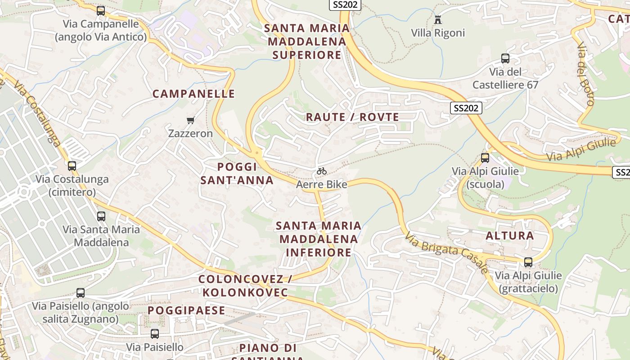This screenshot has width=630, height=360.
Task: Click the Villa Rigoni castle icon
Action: tap(437, 19)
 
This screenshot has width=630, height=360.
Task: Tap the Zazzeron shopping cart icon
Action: tap(190, 120)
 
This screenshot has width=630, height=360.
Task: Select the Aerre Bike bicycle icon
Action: tap(321, 171)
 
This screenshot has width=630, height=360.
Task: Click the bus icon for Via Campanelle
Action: tap(101, 10)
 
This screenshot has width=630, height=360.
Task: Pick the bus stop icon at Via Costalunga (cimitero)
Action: tap(72, 166)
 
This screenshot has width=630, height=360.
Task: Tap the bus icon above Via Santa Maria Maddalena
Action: tap(101, 216)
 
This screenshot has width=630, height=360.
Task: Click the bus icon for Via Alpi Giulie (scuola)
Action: tap(485, 158)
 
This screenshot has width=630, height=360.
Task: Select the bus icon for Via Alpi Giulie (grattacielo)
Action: tap(528, 262)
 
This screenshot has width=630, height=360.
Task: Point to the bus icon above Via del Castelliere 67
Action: tap(505, 58)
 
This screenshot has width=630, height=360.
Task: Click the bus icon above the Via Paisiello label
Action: tap(155, 333)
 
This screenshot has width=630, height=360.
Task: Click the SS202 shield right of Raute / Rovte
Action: tap(466, 108)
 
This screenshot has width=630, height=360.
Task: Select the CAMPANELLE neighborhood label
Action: tap(193, 94)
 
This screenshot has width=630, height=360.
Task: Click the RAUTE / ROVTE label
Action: tap(352, 117)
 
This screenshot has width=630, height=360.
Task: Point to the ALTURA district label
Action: tap(510, 235)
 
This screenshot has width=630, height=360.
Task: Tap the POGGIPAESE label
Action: tap(186, 310)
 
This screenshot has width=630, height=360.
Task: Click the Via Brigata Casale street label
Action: tap(446, 252)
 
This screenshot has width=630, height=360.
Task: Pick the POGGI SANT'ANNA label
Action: tap(237, 174)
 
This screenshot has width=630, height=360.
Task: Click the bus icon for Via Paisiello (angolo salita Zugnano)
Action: tap(81, 293)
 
